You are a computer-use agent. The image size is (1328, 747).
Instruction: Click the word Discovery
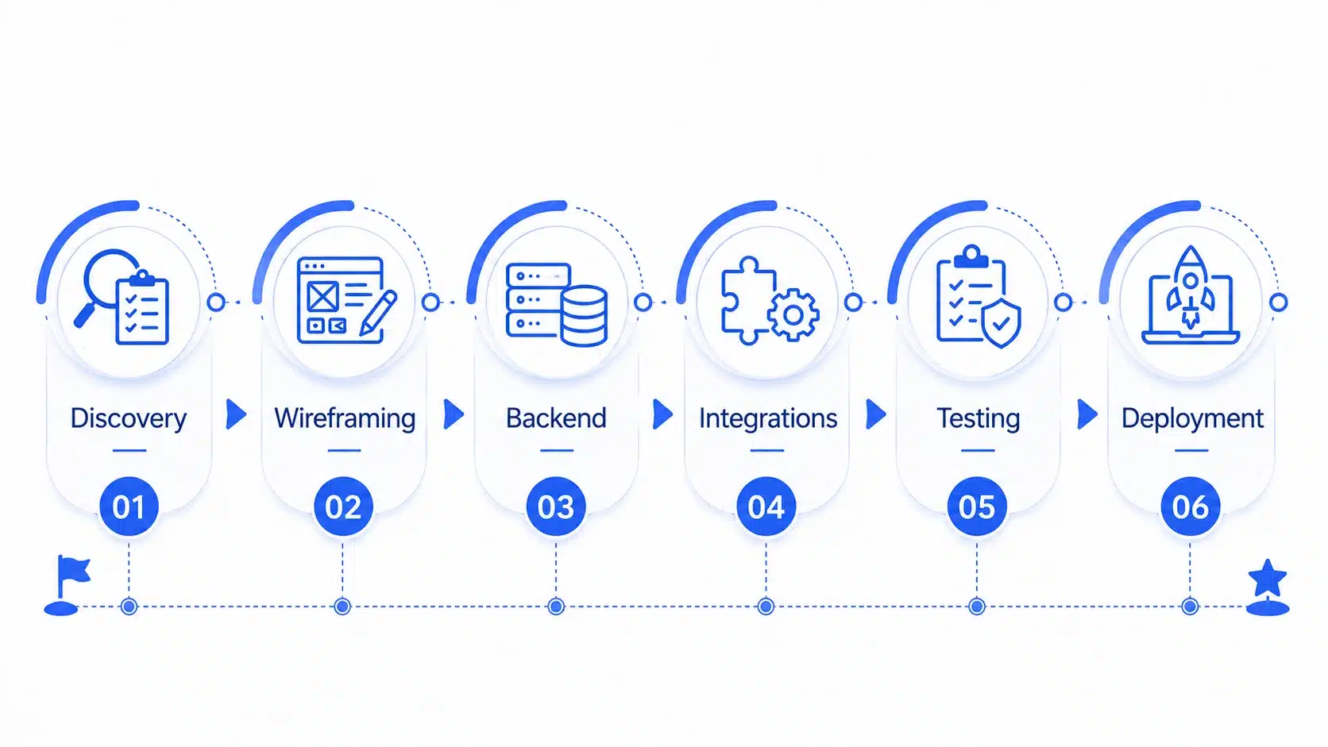pyautogui.click(x=128, y=419)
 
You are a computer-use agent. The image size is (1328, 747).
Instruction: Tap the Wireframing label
pyautogui.click(x=345, y=418)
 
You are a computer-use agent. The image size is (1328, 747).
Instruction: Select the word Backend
pyautogui.click(x=556, y=418)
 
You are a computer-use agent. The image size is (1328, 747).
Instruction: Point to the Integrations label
pyautogui.click(x=768, y=419)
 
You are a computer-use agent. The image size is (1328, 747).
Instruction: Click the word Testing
pyautogui.click(x=979, y=419)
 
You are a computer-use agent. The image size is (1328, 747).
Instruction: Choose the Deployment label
pyautogui.click(x=1192, y=419)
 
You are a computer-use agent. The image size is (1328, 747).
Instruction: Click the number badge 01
pyautogui.click(x=129, y=506)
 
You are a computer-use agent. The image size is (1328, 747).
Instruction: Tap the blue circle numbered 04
pyautogui.click(x=766, y=506)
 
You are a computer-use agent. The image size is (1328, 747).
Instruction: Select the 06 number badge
pyautogui.click(x=1190, y=506)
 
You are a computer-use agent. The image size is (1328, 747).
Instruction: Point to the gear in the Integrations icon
pyautogui.click(x=793, y=314)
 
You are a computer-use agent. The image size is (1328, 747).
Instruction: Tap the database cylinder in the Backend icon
pyautogui.click(x=584, y=316)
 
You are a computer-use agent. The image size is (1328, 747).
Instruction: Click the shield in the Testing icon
pyautogui.click(x=1001, y=322)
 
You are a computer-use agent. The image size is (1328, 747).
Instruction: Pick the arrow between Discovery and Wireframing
pyautogui.click(x=235, y=414)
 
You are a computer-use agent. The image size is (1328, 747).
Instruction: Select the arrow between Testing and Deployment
pyautogui.click(x=1087, y=414)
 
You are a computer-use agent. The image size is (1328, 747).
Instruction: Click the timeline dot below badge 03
pyautogui.click(x=556, y=606)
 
